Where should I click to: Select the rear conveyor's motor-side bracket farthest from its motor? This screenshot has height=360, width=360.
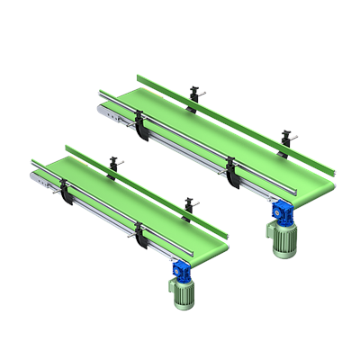pyautogui.click(x=140, y=125)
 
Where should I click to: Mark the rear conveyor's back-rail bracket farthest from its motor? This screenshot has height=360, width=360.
pyautogui.click(x=193, y=94)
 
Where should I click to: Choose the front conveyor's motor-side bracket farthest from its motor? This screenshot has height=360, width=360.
pyautogui.click(x=66, y=192)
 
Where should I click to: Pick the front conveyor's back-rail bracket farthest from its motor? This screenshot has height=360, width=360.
pyautogui.click(x=113, y=164)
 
